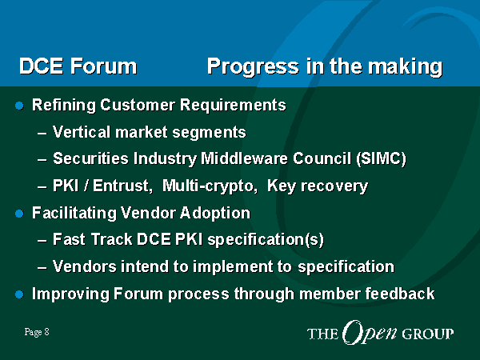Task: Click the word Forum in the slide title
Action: [x=104, y=66]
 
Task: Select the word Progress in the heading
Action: [x=253, y=66]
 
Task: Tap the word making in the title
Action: [x=405, y=66]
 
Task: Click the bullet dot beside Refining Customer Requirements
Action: [x=19, y=106]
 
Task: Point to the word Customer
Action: [x=138, y=105]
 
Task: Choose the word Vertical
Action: [x=82, y=132]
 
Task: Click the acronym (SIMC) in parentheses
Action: [x=381, y=158]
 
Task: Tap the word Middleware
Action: [x=244, y=158]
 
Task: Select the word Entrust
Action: [x=122, y=186]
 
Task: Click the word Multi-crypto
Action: [x=210, y=186]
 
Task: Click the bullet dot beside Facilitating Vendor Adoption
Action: [x=19, y=214]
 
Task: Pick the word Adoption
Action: [x=215, y=214]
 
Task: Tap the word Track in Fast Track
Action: [x=112, y=239]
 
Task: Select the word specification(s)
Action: [x=266, y=240]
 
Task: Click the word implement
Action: [x=233, y=266]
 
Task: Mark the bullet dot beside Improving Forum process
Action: [x=19, y=294]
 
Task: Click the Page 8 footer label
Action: [x=37, y=332]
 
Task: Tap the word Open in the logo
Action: [x=370, y=333]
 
